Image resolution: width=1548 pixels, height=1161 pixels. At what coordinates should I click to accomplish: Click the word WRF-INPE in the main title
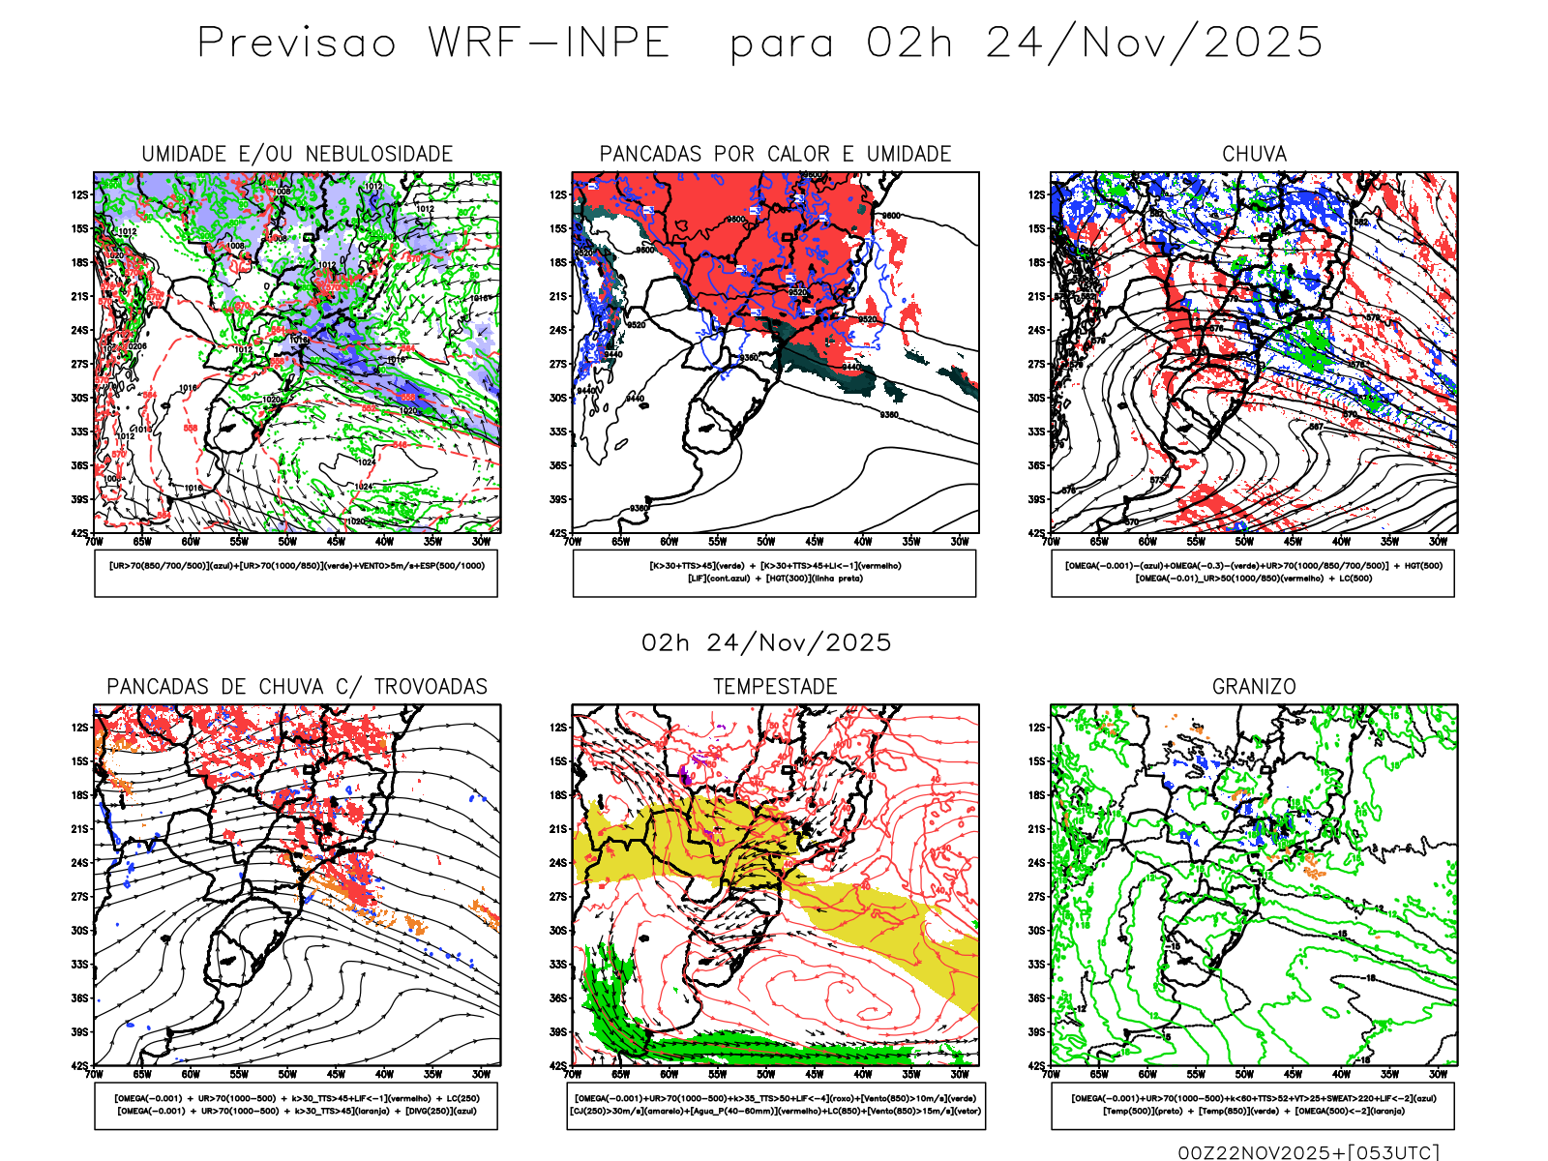[550, 43]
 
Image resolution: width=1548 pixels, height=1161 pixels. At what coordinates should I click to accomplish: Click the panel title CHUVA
[1254, 154]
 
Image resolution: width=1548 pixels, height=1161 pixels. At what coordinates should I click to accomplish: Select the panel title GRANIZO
[1254, 687]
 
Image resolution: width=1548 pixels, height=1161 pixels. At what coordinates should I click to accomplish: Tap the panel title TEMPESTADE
[775, 687]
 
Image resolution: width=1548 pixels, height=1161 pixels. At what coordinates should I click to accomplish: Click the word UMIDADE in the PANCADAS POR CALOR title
[908, 154]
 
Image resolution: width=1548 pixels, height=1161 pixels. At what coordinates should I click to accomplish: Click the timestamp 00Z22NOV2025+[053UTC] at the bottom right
[1308, 1152]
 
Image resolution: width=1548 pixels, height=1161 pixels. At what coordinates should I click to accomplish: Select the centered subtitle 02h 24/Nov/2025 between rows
[766, 642]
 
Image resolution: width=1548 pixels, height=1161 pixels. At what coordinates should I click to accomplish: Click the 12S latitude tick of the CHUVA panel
[1037, 194]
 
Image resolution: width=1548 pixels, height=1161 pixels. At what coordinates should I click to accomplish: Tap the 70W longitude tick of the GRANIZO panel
[1052, 1074]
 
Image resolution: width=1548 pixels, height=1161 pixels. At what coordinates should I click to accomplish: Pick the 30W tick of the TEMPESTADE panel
[960, 1074]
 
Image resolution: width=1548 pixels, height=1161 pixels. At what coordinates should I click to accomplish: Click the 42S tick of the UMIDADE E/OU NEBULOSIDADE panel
[79, 533]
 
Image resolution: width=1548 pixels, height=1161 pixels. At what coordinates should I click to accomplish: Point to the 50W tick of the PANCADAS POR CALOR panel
[766, 542]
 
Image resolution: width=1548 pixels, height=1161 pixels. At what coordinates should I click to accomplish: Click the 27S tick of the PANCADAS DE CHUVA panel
[79, 897]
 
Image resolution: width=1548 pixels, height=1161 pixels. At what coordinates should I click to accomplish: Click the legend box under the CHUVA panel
[1253, 573]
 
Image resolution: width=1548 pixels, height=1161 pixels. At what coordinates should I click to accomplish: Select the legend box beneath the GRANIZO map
[1253, 1105]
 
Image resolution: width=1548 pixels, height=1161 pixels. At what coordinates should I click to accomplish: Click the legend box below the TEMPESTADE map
[775, 1105]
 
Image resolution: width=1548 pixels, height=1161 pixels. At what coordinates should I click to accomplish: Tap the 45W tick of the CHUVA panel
[1293, 542]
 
